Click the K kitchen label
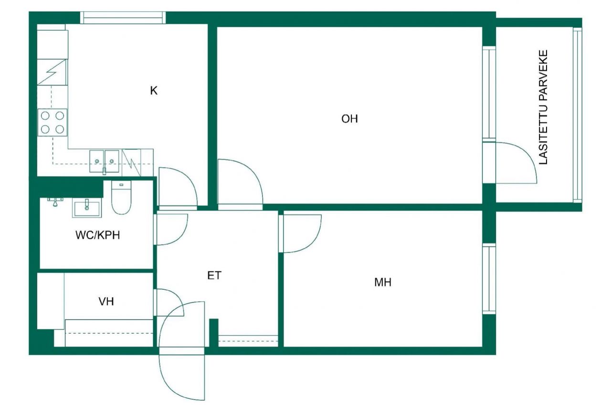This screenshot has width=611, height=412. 154,91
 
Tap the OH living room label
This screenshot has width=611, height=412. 349,119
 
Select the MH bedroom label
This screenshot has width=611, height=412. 383,283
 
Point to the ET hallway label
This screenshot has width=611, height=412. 214,275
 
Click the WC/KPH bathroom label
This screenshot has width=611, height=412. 97,235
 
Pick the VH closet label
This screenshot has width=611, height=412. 106,301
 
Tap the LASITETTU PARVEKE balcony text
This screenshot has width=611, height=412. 543,107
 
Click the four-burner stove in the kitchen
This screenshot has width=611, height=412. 53,122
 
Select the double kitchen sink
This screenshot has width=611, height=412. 105,160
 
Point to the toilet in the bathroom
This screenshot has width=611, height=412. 121,199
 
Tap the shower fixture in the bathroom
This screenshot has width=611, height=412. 55,201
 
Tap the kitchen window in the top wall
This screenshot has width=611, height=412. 123,18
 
